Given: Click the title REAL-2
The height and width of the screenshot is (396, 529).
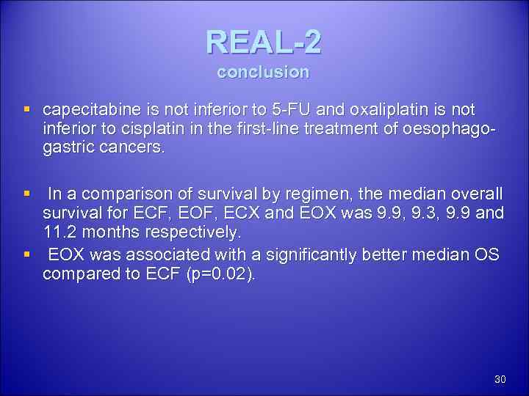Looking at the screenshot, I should (x=263, y=43).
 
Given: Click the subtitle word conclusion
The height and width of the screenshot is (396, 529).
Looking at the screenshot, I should (x=263, y=73).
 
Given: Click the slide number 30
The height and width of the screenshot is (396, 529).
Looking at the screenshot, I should (x=500, y=379).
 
